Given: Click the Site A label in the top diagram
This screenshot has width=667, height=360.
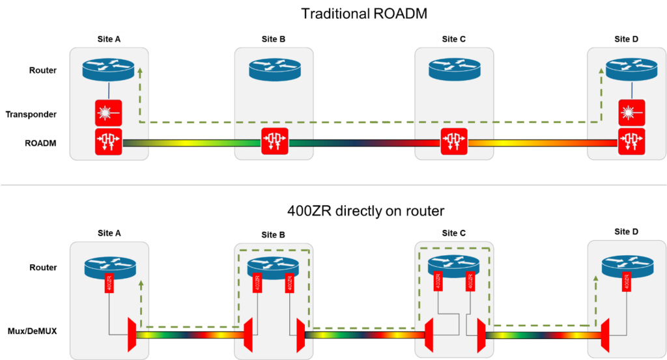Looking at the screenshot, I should point(108,39).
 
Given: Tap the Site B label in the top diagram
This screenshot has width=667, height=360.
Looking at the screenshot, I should point(274,39).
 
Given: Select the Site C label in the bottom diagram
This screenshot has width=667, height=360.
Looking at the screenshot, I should point(453,233).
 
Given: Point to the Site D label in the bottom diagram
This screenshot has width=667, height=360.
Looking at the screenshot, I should point(622,232).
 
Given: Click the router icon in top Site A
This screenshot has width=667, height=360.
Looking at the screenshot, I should point(109,69).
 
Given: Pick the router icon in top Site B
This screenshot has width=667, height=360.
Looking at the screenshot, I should point(274,69).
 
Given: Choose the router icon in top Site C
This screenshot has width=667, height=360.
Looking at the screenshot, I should point(454,69).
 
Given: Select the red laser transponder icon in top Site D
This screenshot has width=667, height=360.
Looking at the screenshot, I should point(631,113).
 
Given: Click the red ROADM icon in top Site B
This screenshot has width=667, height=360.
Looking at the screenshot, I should point(274,142).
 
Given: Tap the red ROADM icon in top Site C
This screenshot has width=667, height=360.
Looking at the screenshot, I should point(454,142).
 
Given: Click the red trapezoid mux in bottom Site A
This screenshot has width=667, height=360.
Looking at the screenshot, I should point(132,335).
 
